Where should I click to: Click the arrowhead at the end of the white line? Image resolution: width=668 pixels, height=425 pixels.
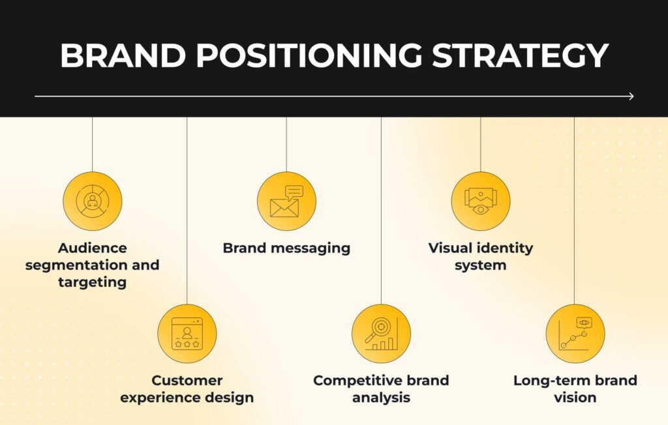(630, 96)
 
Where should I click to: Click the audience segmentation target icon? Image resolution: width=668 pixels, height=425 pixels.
(92, 201)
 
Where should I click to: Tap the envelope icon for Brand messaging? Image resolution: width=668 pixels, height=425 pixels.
(286, 201)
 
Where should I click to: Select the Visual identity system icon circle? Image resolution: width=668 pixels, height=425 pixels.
(480, 201)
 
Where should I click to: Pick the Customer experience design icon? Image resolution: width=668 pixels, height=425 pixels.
(187, 333)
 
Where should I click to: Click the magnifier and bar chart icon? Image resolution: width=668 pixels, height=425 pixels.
(381, 333)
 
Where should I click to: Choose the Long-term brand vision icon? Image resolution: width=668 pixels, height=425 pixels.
(575, 333)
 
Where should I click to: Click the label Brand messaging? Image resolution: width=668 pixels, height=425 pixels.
(286, 248)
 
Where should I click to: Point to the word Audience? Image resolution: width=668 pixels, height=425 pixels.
(92, 248)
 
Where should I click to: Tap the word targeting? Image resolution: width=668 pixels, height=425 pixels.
(92, 282)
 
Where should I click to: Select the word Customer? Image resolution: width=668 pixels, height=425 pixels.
(187, 380)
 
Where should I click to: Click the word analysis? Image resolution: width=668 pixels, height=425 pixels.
(381, 397)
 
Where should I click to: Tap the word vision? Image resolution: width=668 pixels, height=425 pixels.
(575, 397)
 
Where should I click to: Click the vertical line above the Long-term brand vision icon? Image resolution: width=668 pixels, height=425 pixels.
(575, 209)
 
